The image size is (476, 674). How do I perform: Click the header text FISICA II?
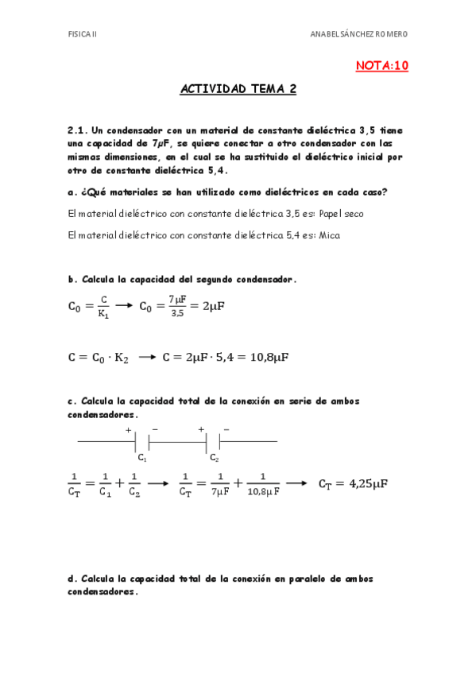click(x=82, y=34)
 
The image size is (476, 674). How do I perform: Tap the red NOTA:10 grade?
click(x=381, y=66)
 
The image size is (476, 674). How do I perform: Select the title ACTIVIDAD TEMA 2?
click(x=238, y=90)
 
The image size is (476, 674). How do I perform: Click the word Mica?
click(x=329, y=235)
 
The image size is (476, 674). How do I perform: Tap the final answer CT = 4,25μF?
click(x=353, y=483)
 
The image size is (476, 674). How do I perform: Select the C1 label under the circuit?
click(x=141, y=458)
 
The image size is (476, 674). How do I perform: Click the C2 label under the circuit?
click(x=215, y=458)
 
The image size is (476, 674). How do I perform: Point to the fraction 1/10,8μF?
click(x=262, y=484)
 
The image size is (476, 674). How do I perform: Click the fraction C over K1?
click(x=103, y=306)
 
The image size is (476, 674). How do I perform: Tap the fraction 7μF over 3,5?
click(x=176, y=306)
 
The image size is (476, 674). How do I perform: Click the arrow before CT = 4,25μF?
click(x=296, y=482)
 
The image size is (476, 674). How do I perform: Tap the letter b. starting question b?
click(x=72, y=279)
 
